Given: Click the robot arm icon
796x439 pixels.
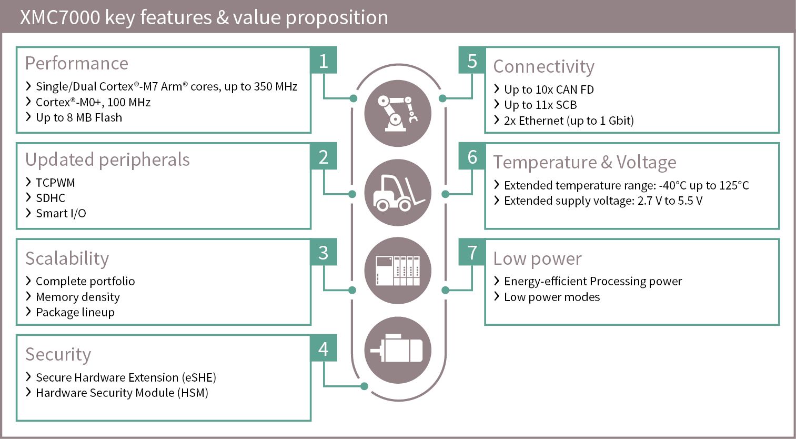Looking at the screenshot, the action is click(x=398, y=113).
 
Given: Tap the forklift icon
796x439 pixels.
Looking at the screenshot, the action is click(x=398, y=193).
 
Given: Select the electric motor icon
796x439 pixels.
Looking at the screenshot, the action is click(x=398, y=350).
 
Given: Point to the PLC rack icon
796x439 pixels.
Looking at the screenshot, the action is click(x=398, y=271).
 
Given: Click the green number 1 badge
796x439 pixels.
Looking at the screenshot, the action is click(x=324, y=60).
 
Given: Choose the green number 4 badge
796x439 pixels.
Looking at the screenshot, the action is click(x=324, y=348).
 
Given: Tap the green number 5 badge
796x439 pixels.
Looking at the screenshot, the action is click(x=472, y=60).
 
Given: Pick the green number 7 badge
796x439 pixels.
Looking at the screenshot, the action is click(x=472, y=252).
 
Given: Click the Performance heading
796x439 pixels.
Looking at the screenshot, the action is click(x=77, y=63).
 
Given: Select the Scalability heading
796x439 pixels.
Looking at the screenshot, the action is click(x=67, y=258).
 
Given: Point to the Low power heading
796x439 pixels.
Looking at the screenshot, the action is click(x=537, y=258).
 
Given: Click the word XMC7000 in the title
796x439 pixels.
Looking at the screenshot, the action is click(x=60, y=17).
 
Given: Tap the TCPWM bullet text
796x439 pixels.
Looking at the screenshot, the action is click(x=55, y=182).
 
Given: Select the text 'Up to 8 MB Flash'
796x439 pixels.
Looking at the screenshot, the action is click(x=79, y=117).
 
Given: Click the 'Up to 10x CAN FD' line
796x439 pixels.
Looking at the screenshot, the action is click(x=549, y=89).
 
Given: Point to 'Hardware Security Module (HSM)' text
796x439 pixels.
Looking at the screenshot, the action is click(x=122, y=393).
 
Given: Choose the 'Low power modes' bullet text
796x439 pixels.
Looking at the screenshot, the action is click(x=552, y=297).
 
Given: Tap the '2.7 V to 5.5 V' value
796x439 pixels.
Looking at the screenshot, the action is click(x=670, y=201).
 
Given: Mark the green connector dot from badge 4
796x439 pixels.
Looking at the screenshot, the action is click(x=364, y=386).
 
